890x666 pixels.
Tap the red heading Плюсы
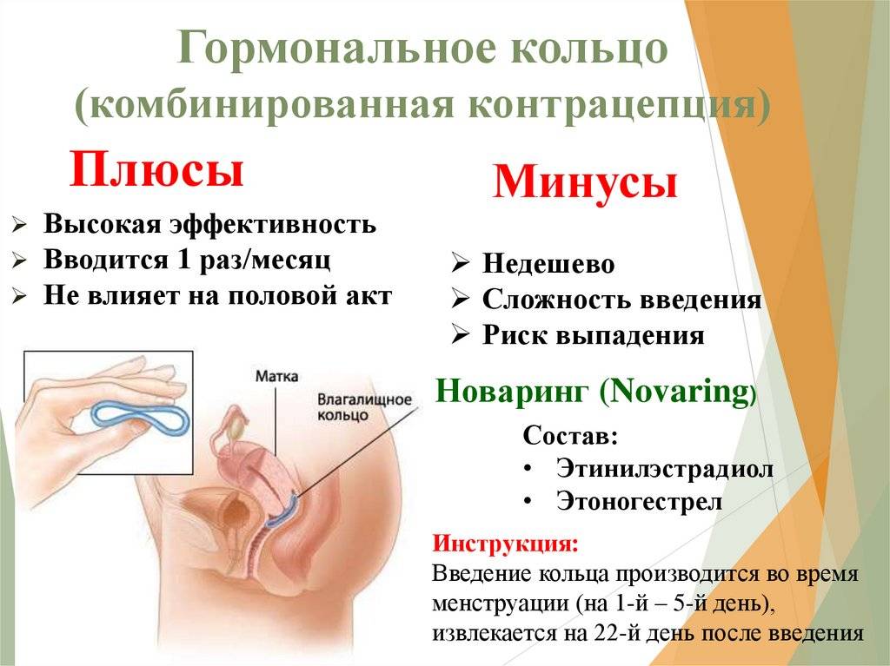156,169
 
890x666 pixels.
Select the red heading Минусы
585,181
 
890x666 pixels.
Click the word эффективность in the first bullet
273,225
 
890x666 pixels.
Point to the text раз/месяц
265,260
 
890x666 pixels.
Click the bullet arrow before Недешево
461,263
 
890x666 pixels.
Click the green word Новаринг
511,391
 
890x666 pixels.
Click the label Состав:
570,436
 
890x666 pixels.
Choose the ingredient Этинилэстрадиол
665,469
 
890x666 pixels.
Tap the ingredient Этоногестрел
639,502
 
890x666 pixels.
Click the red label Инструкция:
506,544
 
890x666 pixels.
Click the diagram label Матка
276,377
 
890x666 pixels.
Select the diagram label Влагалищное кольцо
364,406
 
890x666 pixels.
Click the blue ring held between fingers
140,419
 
